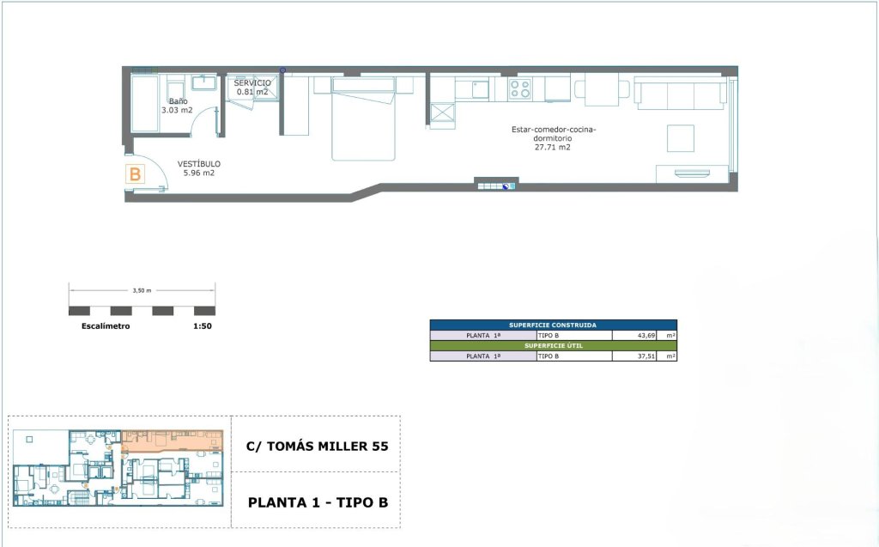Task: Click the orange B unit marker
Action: click(x=135, y=174)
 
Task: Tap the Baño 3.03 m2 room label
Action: click(x=177, y=106)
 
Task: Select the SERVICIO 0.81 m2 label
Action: click(x=252, y=87)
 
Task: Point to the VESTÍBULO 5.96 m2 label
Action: click(x=199, y=168)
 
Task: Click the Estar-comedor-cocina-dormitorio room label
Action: click(x=554, y=138)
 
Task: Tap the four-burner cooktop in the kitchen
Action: click(x=519, y=89)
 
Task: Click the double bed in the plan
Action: click(x=364, y=119)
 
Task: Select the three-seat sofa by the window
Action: click(x=680, y=93)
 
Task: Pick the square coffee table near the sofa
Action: click(x=681, y=138)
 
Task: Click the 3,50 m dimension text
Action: click(x=142, y=290)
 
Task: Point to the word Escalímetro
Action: click(x=106, y=326)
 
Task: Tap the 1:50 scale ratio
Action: click(x=203, y=326)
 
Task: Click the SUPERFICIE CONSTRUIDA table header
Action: click(x=553, y=325)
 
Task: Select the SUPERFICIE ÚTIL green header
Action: click(x=554, y=345)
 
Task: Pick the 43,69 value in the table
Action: click(x=646, y=336)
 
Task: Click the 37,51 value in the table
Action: click(x=646, y=356)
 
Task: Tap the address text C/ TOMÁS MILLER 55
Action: click(x=318, y=447)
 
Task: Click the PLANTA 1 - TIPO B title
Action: click(x=318, y=502)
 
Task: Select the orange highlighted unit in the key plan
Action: click(x=173, y=441)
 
